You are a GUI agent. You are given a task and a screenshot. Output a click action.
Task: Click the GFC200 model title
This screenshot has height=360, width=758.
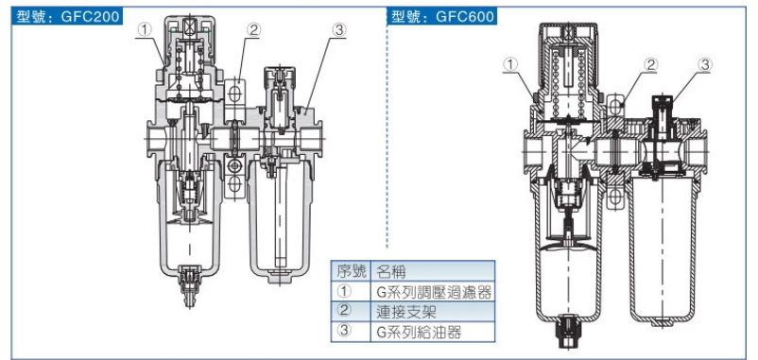67,16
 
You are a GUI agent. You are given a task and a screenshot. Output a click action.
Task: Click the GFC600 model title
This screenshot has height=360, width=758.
441,16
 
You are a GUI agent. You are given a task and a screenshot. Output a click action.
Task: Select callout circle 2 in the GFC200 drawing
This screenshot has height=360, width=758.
253,30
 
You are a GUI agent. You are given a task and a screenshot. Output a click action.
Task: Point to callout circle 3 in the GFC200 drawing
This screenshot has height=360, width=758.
339,30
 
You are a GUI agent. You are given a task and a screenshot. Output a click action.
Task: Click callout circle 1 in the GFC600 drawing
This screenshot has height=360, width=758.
510,64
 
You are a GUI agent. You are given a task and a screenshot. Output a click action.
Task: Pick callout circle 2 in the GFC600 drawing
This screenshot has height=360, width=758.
651,64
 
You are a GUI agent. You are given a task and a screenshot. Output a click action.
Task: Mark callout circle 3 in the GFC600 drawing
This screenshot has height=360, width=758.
705,64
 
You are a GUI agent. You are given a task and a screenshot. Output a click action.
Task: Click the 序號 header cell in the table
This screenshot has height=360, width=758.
351,271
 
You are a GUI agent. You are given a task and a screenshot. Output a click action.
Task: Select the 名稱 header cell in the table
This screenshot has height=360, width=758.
432,271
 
